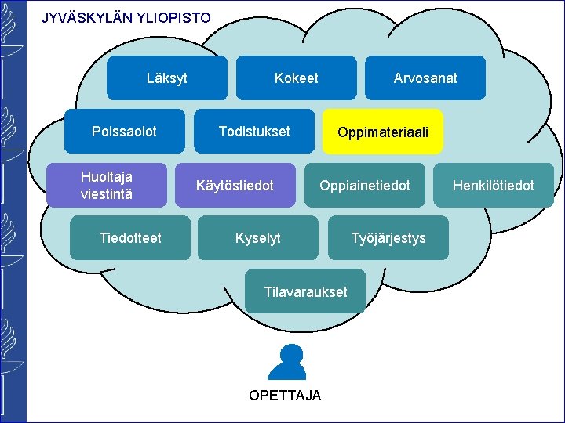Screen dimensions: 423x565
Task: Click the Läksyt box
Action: click(x=166, y=78)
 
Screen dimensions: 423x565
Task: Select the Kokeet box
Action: click(x=296, y=78)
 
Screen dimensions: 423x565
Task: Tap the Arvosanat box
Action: click(x=425, y=78)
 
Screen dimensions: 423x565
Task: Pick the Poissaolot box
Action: click(x=124, y=132)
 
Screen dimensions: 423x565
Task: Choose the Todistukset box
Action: click(x=253, y=132)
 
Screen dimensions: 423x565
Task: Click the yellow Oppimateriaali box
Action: click(x=382, y=132)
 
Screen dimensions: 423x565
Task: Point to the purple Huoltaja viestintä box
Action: click(x=107, y=186)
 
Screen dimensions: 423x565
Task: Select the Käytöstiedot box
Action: click(x=235, y=186)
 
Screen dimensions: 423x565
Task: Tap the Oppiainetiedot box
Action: click(x=364, y=186)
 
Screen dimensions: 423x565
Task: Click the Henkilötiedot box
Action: click(x=493, y=186)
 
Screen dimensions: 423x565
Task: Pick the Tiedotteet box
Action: click(x=130, y=237)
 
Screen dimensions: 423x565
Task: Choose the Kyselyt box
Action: click(x=257, y=237)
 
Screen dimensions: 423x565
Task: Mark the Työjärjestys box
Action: click(x=388, y=237)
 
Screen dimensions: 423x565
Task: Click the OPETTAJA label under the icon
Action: click(x=285, y=396)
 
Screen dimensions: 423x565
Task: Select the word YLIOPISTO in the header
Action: click(x=173, y=17)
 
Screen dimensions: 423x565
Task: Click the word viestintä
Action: click(x=107, y=193)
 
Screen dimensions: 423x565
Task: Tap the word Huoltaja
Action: click(x=107, y=178)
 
